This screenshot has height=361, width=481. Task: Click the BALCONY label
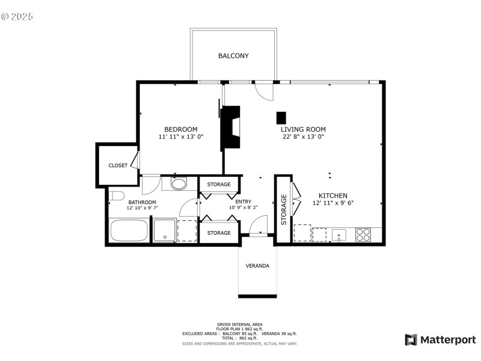click(x=233, y=56)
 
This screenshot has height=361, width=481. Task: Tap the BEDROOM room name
click(x=181, y=129)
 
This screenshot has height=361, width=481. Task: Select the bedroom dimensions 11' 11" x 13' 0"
click(x=181, y=137)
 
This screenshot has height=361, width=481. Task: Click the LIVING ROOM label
click(x=303, y=129)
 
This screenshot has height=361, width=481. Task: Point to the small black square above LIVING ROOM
click(x=281, y=117)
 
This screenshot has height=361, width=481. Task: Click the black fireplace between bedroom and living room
click(x=230, y=127)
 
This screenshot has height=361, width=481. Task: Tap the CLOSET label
click(x=118, y=165)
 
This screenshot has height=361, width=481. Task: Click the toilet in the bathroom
click(x=116, y=195)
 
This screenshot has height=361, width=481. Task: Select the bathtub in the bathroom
click(x=129, y=231)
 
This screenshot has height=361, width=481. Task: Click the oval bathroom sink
click(x=179, y=184)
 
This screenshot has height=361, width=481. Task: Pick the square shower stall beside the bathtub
click(x=164, y=230)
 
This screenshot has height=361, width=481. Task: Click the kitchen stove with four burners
click(x=363, y=233)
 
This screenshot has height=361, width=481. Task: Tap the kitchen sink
click(x=339, y=233)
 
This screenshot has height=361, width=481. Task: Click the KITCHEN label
click(x=332, y=196)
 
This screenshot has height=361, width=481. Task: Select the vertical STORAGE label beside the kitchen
click(x=284, y=209)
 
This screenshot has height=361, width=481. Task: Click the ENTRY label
click(x=243, y=202)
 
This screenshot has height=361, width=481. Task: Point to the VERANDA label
click(x=257, y=266)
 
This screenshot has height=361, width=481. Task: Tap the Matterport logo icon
click(x=411, y=340)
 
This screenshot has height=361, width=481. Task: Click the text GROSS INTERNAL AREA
click(x=240, y=324)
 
